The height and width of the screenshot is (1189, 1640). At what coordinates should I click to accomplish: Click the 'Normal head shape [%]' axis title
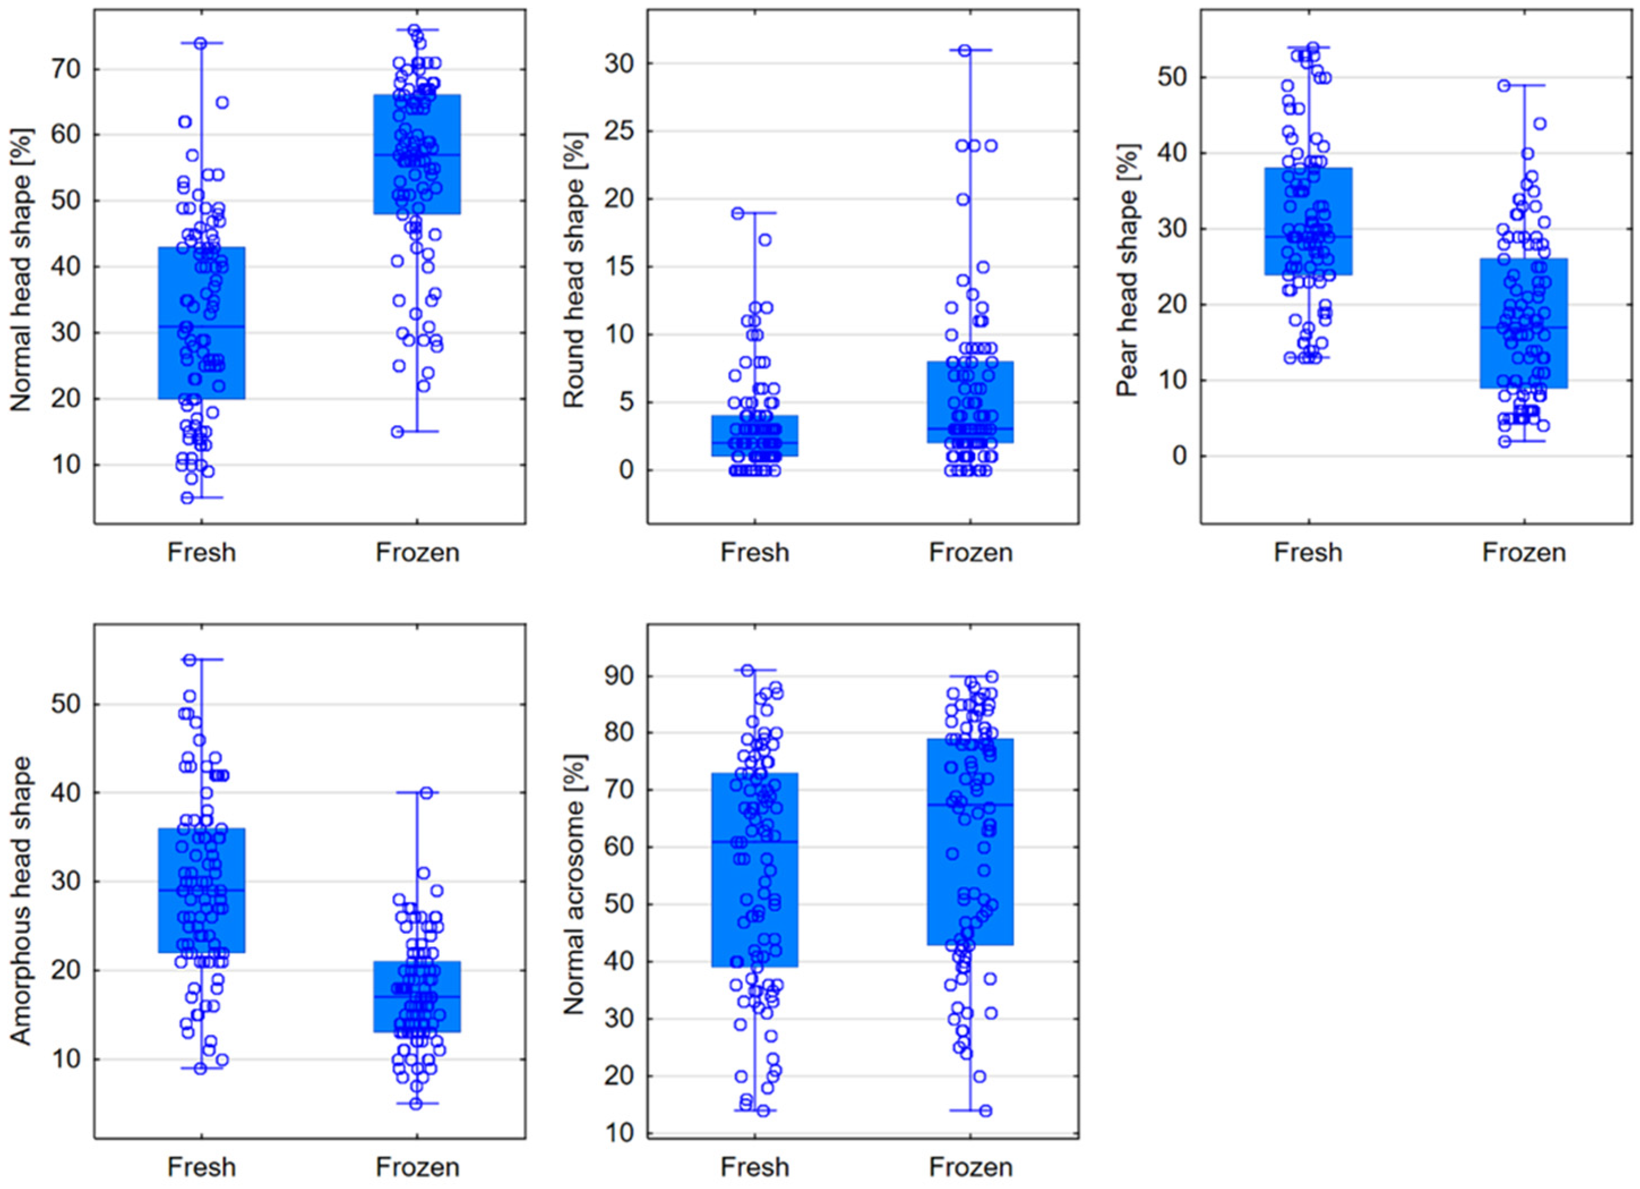[x=21, y=267]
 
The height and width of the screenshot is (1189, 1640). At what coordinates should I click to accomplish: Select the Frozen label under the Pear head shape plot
[x=1524, y=552]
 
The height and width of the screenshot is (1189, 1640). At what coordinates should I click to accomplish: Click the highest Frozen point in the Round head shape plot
[x=964, y=50]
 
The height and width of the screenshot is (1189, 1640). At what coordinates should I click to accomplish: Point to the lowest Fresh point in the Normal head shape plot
[x=187, y=497]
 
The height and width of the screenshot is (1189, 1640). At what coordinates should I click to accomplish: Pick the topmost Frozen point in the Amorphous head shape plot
[x=427, y=793]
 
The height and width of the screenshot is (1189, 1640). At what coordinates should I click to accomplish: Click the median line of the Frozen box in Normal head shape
[x=417, y=154]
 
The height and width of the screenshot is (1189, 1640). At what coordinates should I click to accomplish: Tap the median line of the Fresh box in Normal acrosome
[x=755, y=842]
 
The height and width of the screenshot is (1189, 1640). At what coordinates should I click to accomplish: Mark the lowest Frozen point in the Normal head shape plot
[x=398, y=432]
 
